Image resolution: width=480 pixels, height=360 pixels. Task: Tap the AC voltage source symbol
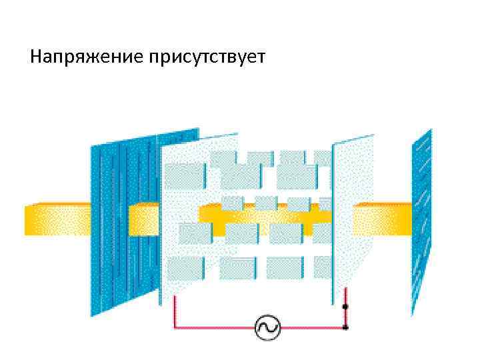pos(268,327)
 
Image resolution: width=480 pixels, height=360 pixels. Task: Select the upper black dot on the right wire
pos(345,307)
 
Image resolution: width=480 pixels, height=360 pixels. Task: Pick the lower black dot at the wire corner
pos(345,327)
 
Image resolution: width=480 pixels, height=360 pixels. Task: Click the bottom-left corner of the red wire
pos(175,327)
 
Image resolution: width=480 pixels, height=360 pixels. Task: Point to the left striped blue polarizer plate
pos(123,220)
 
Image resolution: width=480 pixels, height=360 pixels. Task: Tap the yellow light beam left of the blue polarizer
pos(57,219)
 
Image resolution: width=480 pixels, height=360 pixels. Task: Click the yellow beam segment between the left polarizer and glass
pos(143,219)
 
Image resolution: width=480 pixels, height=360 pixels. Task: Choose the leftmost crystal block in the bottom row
pos(185,269)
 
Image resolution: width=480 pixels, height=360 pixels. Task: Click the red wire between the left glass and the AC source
pos(213,327)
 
